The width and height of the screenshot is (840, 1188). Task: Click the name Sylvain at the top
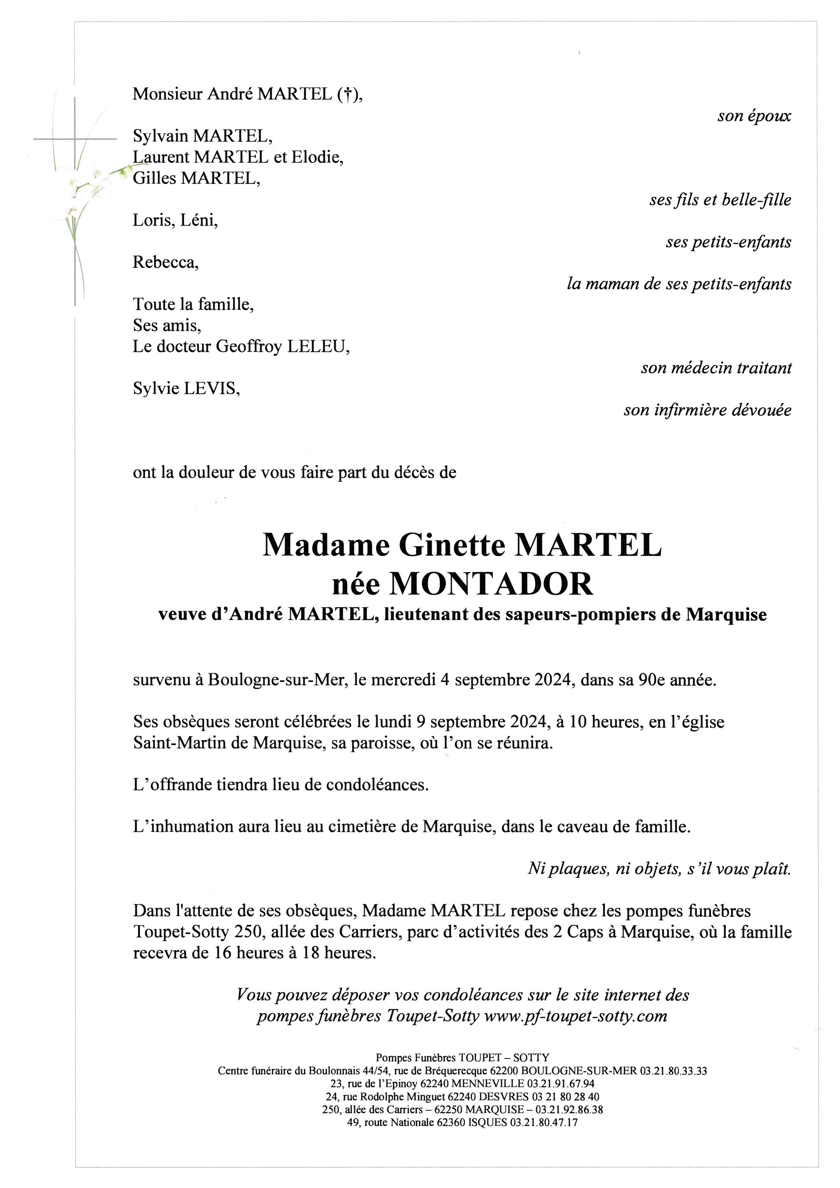click(161, 137)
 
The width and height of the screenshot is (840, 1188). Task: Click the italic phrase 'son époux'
click(754, 116)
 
